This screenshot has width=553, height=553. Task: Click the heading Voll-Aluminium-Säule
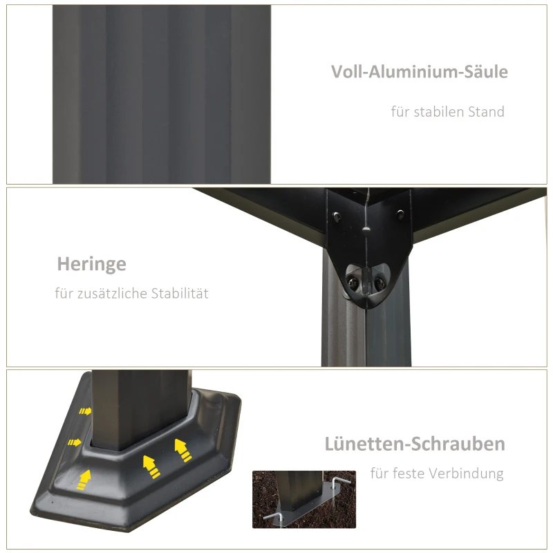pyautogui.click(x=420, y=72)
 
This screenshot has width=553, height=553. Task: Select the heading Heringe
pyautogui.click(x=91, y=264)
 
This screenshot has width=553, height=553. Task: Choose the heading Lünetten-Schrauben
pyautogui.click(x=415, y=444)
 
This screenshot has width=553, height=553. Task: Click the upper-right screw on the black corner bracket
pyautogui.click(x=399, y=215)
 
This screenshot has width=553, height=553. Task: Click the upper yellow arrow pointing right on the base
pyautogui.click(x=85, y=411)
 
